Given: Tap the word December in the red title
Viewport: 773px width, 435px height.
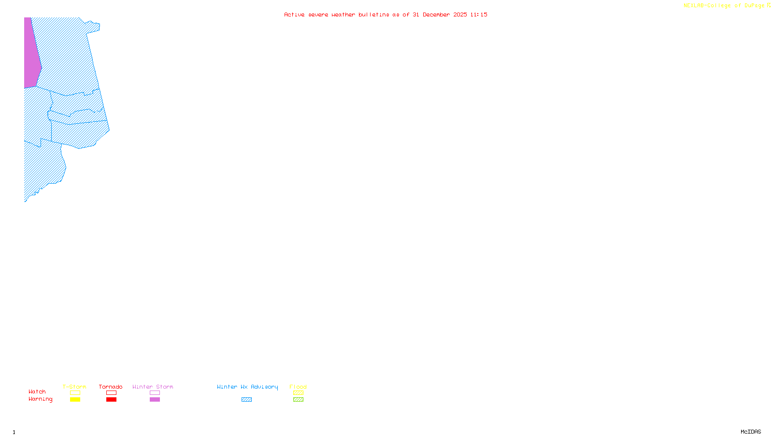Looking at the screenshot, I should point(436,14).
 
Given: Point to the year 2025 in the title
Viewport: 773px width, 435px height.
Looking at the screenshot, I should point(460,14).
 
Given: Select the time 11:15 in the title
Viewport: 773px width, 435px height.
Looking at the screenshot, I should point(478,14).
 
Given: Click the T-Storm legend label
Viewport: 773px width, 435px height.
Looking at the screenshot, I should point(74,387).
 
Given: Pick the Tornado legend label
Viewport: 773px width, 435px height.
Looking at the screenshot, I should point(111,387).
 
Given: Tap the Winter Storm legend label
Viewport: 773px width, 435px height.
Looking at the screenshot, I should point(153,387).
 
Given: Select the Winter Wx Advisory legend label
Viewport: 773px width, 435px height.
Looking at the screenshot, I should point(247,387).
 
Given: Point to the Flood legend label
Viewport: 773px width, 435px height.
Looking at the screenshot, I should point(298,387).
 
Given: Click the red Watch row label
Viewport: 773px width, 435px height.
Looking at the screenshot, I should point(37,391).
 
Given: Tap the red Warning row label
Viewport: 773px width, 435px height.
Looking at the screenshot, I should point(40,399).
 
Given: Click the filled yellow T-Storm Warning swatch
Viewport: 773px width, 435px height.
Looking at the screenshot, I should point(75,400).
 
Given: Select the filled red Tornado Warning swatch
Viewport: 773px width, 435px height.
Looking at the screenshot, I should point(111,400).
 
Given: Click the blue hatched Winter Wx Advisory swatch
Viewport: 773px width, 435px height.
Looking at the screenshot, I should point(246,400).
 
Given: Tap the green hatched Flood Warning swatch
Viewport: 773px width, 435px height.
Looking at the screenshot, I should point(298,400).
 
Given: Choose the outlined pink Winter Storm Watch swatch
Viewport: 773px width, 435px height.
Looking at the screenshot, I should point(155,393).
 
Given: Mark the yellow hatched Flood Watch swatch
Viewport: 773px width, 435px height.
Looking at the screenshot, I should point(298,393).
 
